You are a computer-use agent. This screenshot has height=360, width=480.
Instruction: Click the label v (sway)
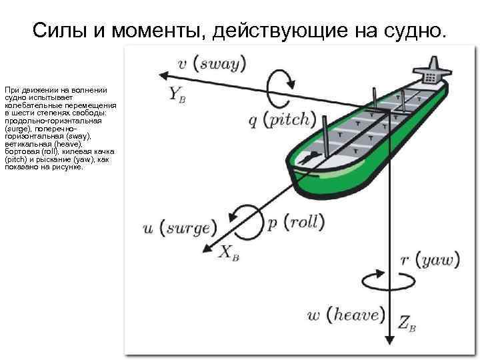[x=213, y=64]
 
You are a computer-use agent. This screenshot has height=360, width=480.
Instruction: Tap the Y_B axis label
[x=177, y=94]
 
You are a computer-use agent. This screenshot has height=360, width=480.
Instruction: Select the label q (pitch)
[x=281, y=120]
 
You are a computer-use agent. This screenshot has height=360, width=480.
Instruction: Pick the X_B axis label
[x=228, y=252]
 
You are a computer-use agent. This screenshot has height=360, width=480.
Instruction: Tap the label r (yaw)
[x=429, y=259]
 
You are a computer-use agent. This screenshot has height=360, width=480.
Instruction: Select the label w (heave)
[x=347, y=315]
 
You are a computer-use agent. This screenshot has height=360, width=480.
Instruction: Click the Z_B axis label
[x=407, y=324]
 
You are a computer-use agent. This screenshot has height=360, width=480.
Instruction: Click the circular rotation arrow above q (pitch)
[x=279, y=83]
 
